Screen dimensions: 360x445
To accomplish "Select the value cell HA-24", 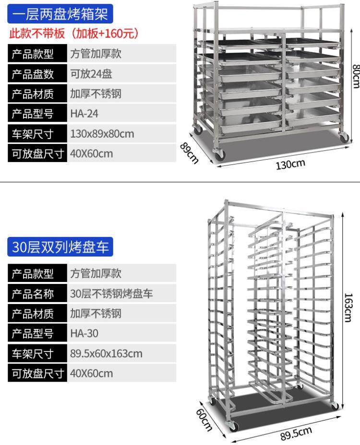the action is [x=84, y=114].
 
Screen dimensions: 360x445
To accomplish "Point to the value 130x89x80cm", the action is [x=102, y=134].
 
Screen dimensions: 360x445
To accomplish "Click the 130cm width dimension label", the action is [x=290, y=164].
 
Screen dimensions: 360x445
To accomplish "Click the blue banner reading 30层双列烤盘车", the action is [x=60, y=247].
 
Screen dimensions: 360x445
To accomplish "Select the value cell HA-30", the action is [x=84, y=334].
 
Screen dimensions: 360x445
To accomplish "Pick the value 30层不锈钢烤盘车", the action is [x=111, y=293].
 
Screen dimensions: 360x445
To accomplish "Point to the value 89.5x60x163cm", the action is [x=106, y=354].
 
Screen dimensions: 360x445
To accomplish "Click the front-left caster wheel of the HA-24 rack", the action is [x=220, y=156].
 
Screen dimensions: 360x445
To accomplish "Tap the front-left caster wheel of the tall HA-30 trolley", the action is [x=233, y=426].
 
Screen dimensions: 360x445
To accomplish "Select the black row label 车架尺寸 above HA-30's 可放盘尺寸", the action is [x=37, y=354].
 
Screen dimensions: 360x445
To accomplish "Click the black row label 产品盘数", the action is [x=37, y=74].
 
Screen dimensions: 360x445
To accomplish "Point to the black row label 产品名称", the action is [x=37, y=293].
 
